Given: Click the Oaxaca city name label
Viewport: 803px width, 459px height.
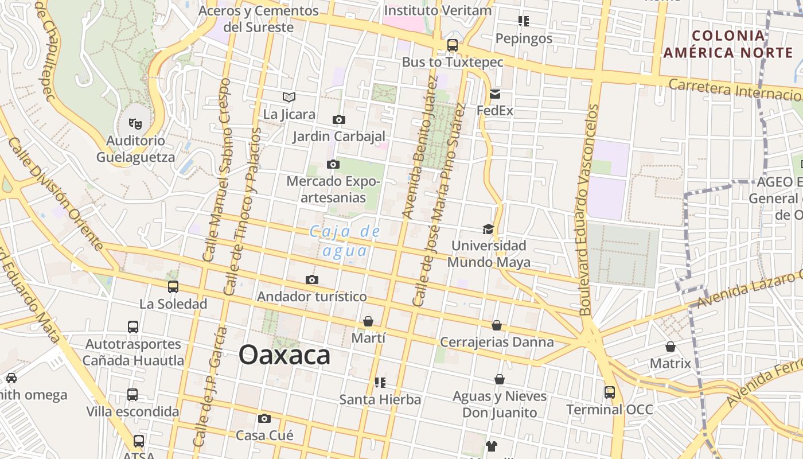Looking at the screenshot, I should point(284,355).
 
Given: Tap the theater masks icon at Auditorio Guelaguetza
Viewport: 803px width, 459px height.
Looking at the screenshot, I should point(135,123).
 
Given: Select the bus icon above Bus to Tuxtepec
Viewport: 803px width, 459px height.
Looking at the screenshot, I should point(453,45).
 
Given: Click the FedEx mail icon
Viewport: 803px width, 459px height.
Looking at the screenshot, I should point(495,94).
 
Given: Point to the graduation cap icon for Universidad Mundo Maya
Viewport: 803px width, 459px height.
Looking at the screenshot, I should point(488,229).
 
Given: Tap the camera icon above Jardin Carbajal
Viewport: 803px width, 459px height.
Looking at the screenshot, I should point(339,119).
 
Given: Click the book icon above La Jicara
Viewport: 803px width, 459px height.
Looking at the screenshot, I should point(289,98).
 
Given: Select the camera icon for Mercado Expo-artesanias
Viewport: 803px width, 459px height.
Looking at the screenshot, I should point(333,165).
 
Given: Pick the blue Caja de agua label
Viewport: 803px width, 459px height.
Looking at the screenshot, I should point(345,241).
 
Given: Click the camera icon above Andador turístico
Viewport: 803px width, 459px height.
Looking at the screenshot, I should point(312,279).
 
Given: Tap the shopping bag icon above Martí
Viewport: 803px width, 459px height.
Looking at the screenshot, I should point(368,321).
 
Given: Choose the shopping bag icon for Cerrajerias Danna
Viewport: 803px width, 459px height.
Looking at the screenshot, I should point(497,325).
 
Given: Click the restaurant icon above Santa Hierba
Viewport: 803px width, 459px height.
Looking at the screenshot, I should point(380,382).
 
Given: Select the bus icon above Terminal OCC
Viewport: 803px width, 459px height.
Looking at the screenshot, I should point(609,392).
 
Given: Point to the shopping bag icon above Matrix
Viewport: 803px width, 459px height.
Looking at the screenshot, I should point(670,347).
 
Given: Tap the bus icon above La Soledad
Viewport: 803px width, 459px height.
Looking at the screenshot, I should point(173,286).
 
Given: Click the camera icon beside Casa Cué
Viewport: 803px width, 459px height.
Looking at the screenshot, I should point(264,418).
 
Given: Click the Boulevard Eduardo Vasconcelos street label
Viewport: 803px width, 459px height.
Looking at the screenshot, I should point(589,209).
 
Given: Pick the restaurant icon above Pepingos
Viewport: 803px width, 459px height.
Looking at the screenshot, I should point(523,21).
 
